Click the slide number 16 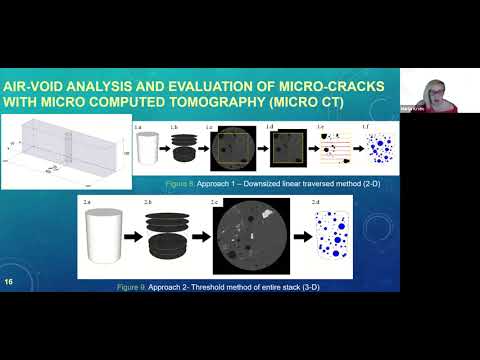(10, 281)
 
